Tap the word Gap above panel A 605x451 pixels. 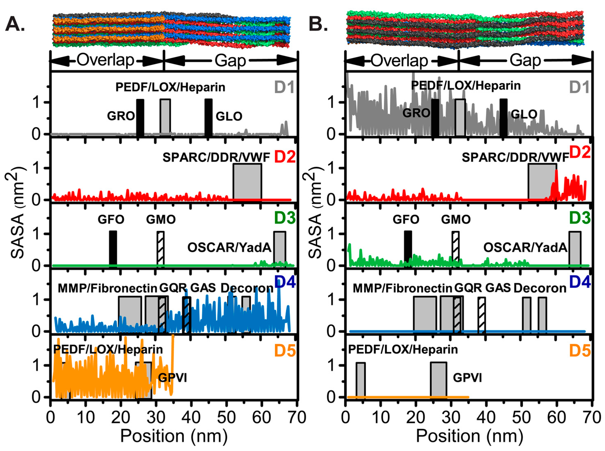pos(230,61)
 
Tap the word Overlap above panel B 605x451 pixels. pos(399,61)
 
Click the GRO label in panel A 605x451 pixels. pos(121,116)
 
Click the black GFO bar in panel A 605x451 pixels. pos(113,248)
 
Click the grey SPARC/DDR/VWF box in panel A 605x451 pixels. pos(247,181)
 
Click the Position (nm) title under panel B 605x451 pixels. pos(469,436)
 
